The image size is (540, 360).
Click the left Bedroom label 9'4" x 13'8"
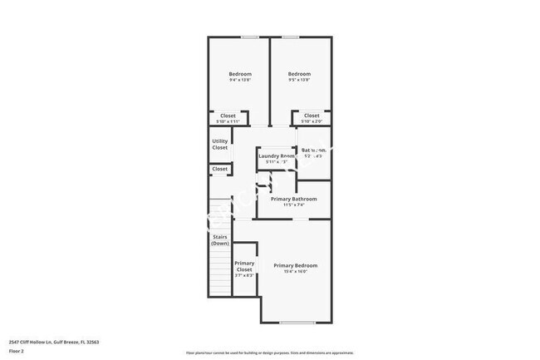(240, 76)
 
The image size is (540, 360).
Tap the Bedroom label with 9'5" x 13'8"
(299, 76)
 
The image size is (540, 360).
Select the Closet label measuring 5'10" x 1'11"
(228, 118)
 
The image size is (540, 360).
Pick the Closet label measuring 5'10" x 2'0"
(311, 118)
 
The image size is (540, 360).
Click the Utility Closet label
(219, 144)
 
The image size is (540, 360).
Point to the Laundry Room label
(276, 155)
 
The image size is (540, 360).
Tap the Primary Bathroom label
(294, 200)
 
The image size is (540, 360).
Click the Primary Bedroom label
(295, 266)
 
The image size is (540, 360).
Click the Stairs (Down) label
(219, 240)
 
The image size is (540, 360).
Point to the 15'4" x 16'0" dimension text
(295, 272)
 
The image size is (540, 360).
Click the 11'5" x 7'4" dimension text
(294, 205)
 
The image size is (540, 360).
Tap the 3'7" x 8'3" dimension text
(244, 277)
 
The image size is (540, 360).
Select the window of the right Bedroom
(291, 37)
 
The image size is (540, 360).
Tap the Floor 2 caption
(16, 352)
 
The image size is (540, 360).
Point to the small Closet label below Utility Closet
(219, 169)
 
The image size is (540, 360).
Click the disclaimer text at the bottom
(269, 353)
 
